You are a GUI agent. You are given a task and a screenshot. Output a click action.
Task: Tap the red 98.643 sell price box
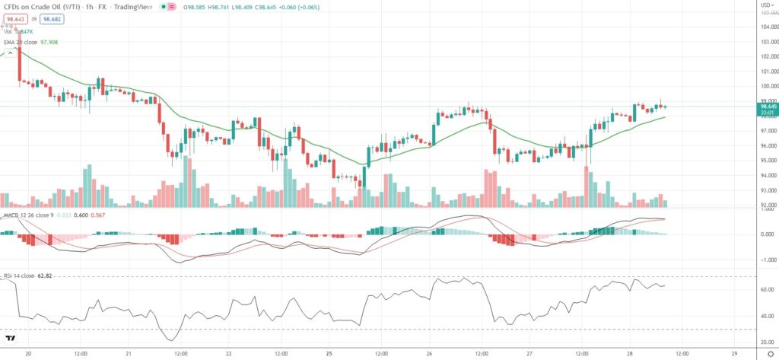pyautogui.click(x=14, y=19)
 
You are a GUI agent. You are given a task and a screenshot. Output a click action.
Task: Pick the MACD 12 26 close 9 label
pyautogui.click(x=29, y=216)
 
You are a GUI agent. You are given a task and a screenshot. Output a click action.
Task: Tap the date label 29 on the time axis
pyautogui.click(x=733, y=354)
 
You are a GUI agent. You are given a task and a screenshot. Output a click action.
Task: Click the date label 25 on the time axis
pyautogui.click(x=330, y=354)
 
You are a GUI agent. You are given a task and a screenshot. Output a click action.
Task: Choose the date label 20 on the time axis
pyautogui.click(x=28, y=354)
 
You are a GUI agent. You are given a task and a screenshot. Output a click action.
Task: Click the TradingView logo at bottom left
pyautogui.click(x=10, y=339)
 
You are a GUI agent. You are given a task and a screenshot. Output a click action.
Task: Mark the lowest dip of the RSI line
pyautogui.click(x=172, y=340)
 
